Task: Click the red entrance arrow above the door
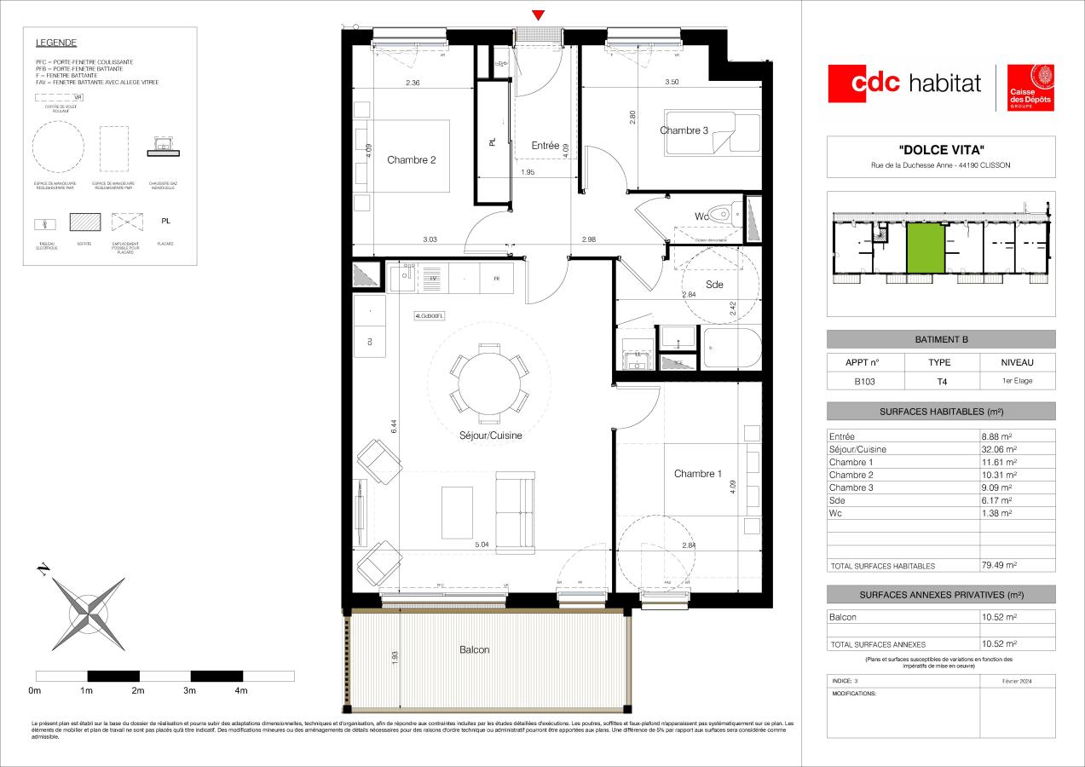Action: [x=538, y=14]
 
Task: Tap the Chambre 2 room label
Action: [x=412, y=160]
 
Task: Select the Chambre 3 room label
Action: [x=684, y=130]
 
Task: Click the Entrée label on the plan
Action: [x=545, y=146]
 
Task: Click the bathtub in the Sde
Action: [x=730, y=349]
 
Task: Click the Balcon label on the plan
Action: [x=475, y=649]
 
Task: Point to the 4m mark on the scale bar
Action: [x=241, y=690]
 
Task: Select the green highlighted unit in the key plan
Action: [x=925, y=249]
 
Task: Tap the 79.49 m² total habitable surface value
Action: [x=999, y=565]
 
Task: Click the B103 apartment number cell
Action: [x=862, y=381]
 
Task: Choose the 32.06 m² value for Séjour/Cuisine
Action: [x=999, y=449]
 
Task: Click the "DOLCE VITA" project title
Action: [x=941, y=149]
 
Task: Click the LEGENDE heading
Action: [x=56, y=43]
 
